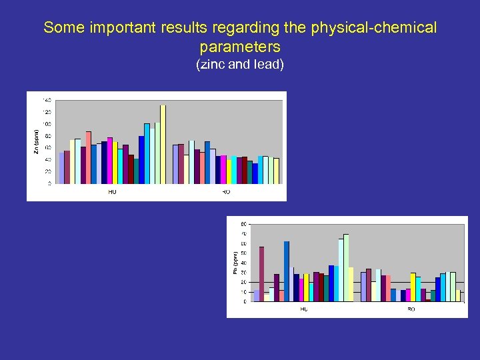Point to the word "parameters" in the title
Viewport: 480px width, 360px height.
(240, 47)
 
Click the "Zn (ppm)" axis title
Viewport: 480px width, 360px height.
(36, 141)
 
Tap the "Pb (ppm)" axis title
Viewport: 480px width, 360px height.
(235, 262)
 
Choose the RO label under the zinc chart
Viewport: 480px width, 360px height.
(226, 192)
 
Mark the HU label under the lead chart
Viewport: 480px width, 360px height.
(304, 309)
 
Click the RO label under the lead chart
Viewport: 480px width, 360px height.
(411, 309)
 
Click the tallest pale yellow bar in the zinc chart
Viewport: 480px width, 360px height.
(163, 144)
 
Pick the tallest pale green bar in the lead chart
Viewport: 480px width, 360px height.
(346, 267)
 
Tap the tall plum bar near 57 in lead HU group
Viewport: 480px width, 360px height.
(262, 274)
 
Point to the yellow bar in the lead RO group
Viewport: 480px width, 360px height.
(413, 287)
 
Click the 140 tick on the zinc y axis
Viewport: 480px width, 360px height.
(47, 100)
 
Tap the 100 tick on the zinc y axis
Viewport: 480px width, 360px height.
(47, 124)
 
